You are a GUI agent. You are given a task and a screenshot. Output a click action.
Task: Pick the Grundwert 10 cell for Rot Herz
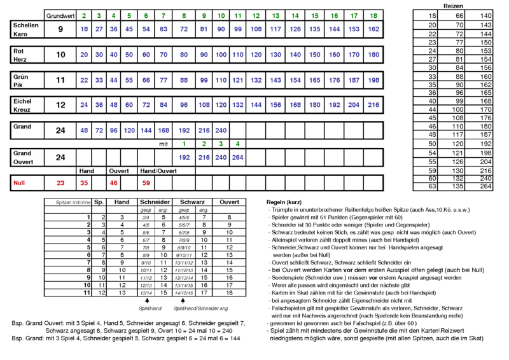click(60, 55)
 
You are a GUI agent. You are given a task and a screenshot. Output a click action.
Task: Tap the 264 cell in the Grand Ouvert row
click(237, 156)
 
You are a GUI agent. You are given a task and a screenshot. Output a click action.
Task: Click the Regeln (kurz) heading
click(283, 202)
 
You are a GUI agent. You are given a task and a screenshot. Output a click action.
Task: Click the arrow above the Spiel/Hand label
click(146, 302)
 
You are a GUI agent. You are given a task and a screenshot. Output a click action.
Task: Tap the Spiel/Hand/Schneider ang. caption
click(191, 310)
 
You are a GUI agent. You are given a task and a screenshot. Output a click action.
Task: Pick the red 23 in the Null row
click(60, 183)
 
